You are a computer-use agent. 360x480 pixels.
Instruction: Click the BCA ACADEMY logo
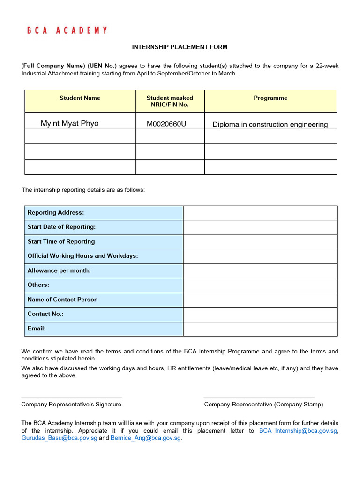(x=67, y=30)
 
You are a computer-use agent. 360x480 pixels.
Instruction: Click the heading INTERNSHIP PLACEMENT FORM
(x=180, y=47)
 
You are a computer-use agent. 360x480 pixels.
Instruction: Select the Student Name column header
(x=80, y=98)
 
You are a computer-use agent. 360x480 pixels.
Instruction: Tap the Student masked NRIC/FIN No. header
(x=170, y=101)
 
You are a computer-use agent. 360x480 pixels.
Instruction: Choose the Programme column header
(x=270, y=98)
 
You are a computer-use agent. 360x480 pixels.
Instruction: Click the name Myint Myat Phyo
(x=70, y=124)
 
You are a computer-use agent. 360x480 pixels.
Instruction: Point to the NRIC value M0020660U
(x=166, y=124)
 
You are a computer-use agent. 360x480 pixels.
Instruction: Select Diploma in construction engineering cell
(x=270, y=124)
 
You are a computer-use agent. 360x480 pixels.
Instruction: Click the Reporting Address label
(x=56, y=213)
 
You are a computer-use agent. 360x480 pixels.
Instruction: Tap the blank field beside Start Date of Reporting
(x=260, y=227)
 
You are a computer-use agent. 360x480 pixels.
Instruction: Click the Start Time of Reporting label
(x=61, y=242)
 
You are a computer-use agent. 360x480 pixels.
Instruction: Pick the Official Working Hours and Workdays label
(x=82, y=256)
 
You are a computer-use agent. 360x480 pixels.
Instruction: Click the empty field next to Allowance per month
(x=260, y=271)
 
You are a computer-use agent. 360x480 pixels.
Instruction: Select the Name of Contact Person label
(x=63, y=300)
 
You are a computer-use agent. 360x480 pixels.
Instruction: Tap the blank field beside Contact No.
(x=260, y=314)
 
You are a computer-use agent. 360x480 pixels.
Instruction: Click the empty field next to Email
(x=260, y=329)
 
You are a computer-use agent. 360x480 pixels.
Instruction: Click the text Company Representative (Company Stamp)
(x=263, y=405)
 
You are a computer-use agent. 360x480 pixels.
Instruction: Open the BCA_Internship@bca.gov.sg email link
(x=298, y=431)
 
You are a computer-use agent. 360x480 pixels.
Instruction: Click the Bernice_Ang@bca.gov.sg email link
(x=145, y=438)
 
